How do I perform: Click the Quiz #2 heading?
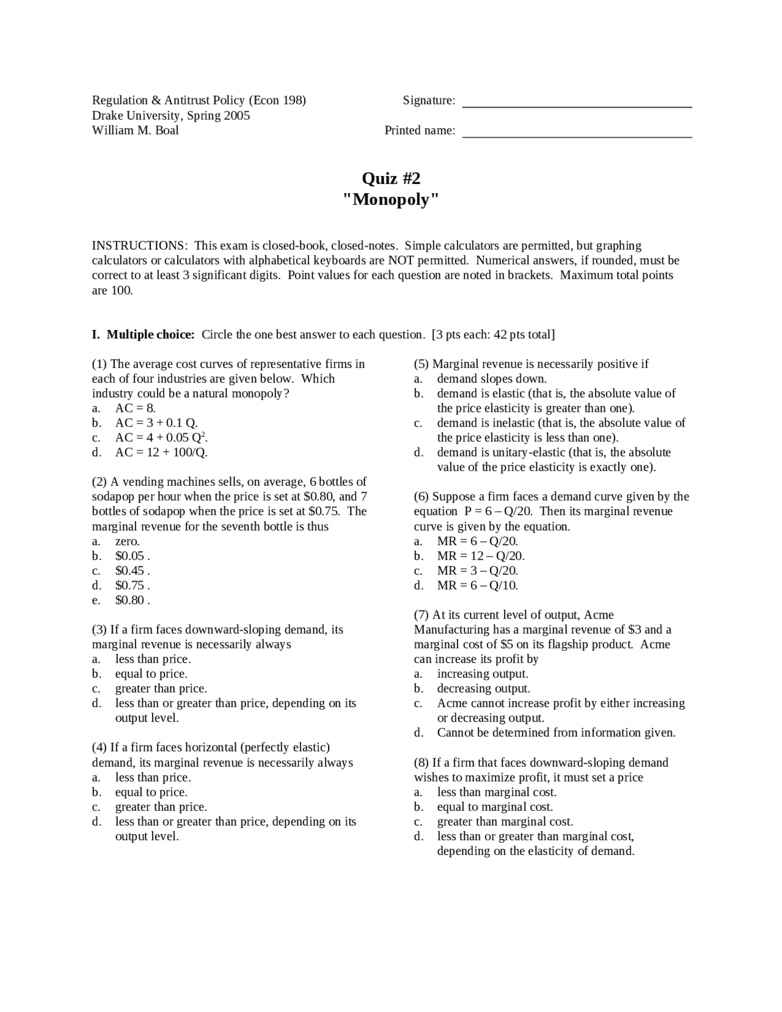391,178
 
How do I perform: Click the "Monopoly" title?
391,200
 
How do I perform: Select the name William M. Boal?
135,130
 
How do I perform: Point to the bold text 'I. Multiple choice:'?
143,334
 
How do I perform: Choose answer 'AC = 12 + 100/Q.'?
161,452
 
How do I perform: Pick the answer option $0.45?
131,571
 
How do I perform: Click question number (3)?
100,629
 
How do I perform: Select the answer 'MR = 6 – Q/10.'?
477,585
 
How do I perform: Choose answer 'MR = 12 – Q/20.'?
480,556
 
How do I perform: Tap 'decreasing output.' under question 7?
483,689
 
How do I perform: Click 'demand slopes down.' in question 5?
492,379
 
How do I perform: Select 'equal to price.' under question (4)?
151,792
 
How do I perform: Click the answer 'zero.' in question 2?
127,541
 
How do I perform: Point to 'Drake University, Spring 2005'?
171,116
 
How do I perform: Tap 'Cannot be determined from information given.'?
556,733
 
